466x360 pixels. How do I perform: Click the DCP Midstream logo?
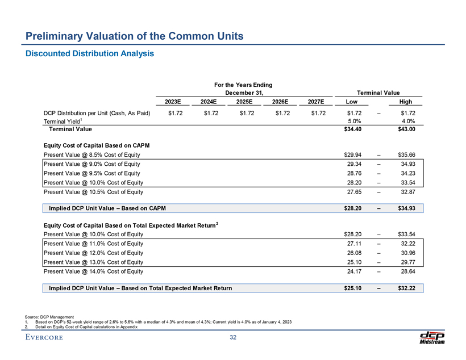tap(431, 337)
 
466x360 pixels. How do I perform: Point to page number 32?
tap(233, 338)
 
